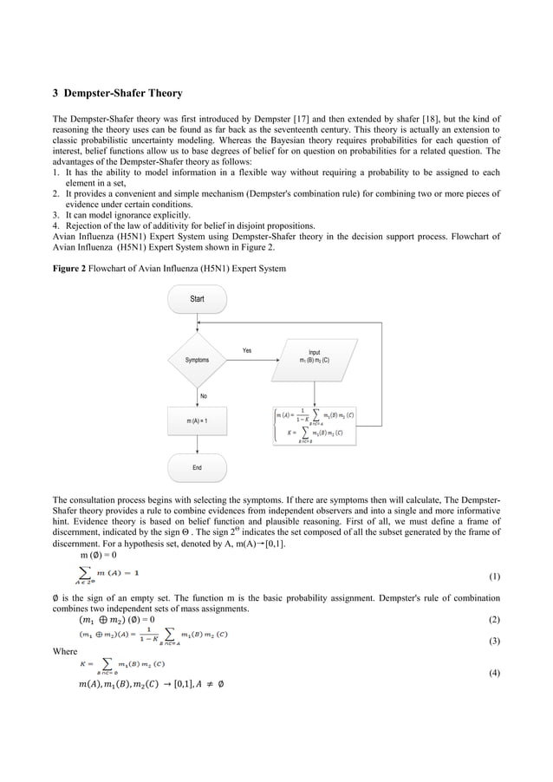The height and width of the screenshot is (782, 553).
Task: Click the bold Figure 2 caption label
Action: (72, 267)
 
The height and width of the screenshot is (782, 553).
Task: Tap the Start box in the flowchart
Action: (197, 299)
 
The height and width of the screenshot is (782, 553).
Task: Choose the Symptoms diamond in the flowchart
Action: (197, 359)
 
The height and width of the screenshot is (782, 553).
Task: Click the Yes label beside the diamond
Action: (247, 350)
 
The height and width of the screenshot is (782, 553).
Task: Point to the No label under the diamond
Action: (204, 395)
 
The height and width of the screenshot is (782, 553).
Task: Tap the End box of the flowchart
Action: (197, 467)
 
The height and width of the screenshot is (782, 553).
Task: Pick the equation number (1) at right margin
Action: (494, 576)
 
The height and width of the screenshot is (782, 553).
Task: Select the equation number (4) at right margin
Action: (494, 673)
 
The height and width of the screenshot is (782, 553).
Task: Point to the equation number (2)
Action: (494, 620)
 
